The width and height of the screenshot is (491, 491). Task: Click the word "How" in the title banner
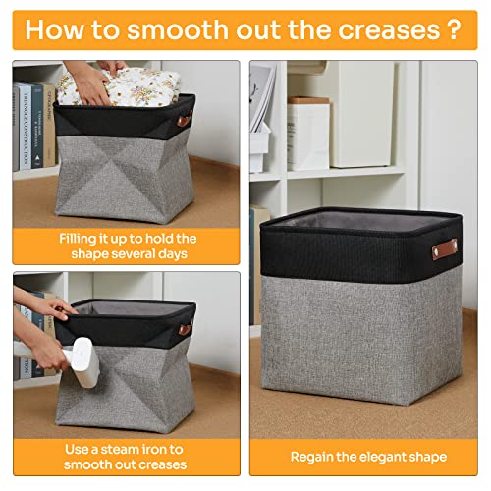click(55, 28)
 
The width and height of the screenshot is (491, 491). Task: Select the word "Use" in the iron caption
click(80, 448)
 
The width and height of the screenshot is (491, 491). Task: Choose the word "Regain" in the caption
click(315, 457)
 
